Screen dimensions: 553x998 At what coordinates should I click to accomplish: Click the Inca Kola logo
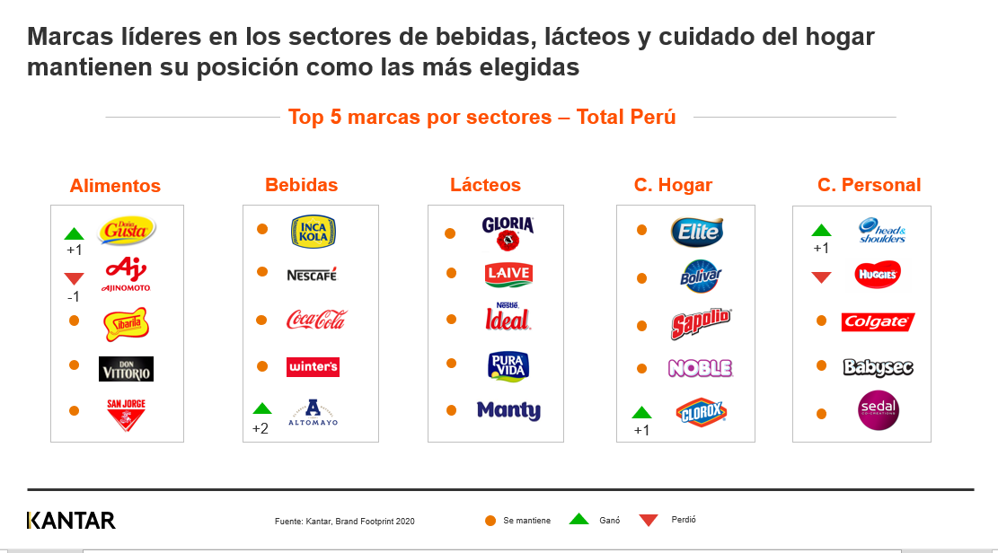pyautogui.click(x=314, y=231)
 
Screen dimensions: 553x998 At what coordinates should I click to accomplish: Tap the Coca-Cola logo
pyautogui.click(x=315, y=320)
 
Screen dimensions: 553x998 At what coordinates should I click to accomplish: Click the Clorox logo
pyautogui.click(x=701, y=412)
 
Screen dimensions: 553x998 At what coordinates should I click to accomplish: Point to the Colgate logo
pyautogui.click(x=878, y=321)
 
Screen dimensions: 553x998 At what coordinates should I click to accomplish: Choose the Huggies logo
pyautogui.click(x=878, y=275)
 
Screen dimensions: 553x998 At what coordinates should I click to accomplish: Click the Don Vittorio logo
pyautogui.click(x=126, y=368)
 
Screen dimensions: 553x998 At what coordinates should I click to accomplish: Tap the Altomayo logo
pyautogui.click(x=313, y=412)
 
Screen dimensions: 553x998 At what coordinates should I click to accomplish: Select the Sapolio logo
pyautogui.click(x=701, y=324)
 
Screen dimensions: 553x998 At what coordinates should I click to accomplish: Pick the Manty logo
pyautogui.click(x=508, y=410)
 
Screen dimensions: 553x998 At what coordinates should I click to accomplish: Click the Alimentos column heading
pyautogui.click(x=115, y=186)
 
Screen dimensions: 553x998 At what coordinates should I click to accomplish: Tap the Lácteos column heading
pyautogui.click(x=485, y=185)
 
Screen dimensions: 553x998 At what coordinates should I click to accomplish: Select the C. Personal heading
pyautogui.click(x=869, y=185)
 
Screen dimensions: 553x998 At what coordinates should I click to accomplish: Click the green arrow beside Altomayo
pyautogui.click(x=262, y=408)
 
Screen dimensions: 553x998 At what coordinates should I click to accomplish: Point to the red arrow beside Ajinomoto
pyautogui.click(x=75, y=278)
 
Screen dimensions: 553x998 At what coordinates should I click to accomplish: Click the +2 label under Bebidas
pyautogui.click(x=260, y=428)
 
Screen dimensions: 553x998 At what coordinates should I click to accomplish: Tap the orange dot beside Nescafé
pyautogui.click(x=262, y=271)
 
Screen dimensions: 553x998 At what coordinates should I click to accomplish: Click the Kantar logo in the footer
pyautogui.click(x=72, y=521)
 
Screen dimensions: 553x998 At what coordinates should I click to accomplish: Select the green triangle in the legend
pyautogui.click(x=579, y=519)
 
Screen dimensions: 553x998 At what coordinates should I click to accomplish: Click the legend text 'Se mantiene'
pyautogui.click(x=526, y=521)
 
